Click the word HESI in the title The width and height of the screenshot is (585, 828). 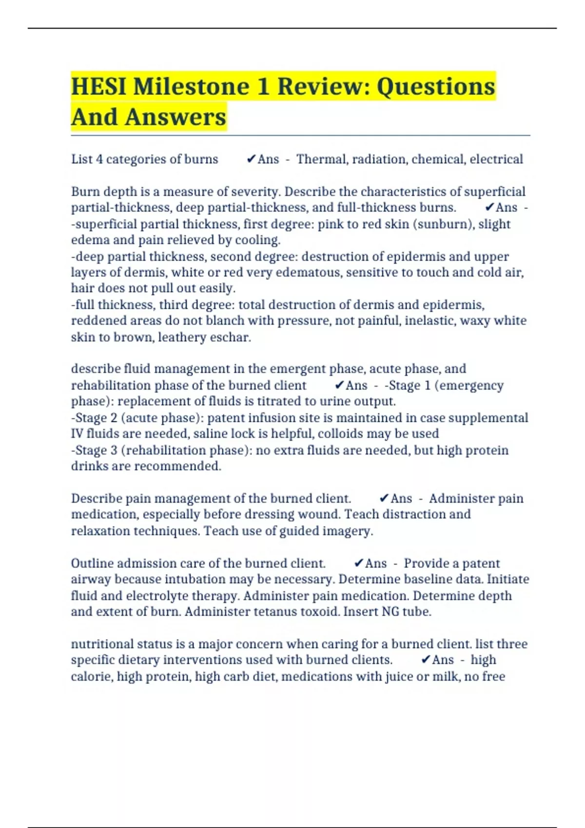point(99,87)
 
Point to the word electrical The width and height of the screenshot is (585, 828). point(496,159)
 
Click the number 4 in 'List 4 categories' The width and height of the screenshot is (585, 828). point(99,159)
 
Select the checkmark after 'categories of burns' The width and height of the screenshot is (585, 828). point(252,159)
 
